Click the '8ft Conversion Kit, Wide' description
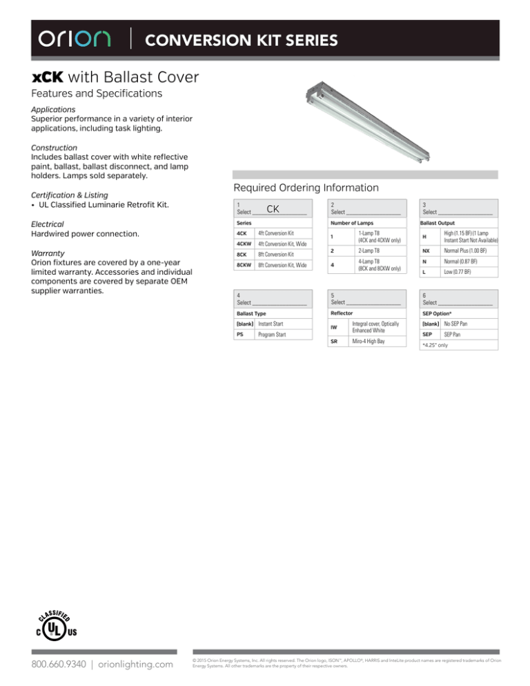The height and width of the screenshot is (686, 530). coord(288,265)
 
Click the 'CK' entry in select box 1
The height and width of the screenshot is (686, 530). coord(273,208)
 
